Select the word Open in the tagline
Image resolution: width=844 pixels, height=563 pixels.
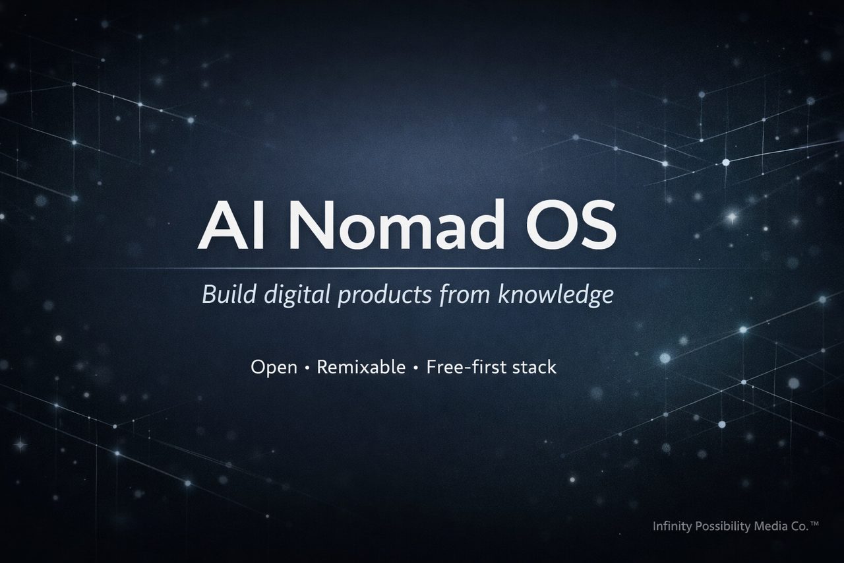(x=274, y=368)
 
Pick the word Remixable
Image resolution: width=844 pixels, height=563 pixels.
(x=361, y=367)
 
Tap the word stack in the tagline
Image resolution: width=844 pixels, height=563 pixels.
(x=533, y=367)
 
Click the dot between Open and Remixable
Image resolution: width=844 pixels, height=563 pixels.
(x=307, y=368)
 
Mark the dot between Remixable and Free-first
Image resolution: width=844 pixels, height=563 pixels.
(x=416, y=368)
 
